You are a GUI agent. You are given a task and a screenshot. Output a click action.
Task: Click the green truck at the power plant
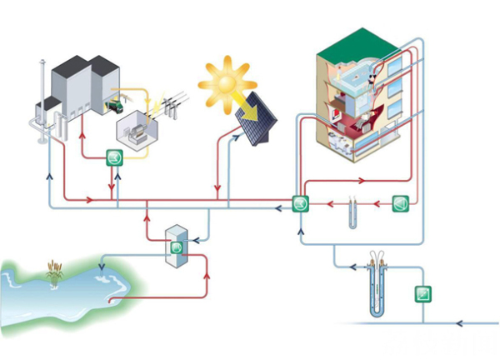pyautogui.click(x=117, y=106)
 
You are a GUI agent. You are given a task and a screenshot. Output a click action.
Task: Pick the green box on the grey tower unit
pyautogui.click(x=177, y=247)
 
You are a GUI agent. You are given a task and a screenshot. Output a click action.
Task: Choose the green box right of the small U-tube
pyautogui.click(x=399, y=202)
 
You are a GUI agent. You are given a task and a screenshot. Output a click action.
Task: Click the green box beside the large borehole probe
pyautogui.click(x=423, y=294)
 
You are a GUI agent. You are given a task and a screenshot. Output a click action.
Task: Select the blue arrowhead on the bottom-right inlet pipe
pyautogui.click(x=462, y=322)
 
